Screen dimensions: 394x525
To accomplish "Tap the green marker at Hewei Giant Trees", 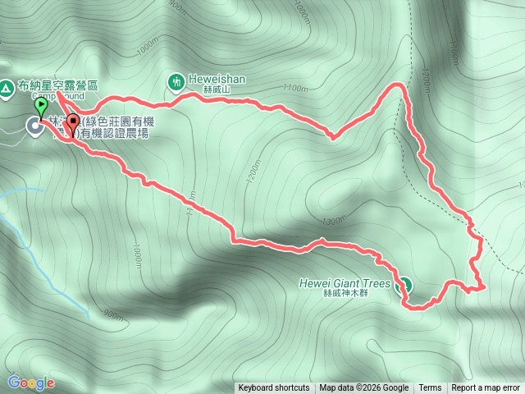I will tap(404, 286).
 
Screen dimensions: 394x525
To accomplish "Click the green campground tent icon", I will tap(7, 85).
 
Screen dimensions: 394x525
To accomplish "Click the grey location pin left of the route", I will tap(35, 126).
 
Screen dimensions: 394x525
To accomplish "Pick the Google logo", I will tap(31, 383).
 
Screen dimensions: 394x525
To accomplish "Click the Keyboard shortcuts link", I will tap(274, 388).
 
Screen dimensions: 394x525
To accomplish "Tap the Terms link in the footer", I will tap(430, 388).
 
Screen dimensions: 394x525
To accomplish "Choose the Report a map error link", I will tap(486, 388).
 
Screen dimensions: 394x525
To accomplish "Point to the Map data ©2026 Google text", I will tap(364, 388).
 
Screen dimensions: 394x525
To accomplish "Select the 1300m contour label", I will tap(335, 221).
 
